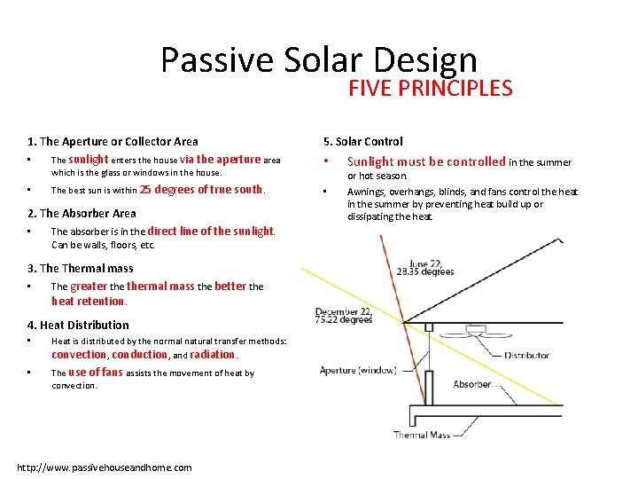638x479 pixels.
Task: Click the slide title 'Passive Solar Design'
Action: pos(319,59)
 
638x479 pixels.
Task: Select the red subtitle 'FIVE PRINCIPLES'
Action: pos(430,88)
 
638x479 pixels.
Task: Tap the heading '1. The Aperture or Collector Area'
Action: pos(113,141)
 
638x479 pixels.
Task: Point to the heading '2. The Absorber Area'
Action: pos(82,213)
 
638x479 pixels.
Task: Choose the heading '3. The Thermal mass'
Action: pos(81,268)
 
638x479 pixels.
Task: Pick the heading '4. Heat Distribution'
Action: pos(78,325)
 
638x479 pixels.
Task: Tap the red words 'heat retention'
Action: pos(88,302)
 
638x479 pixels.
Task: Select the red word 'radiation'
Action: pos(212,355)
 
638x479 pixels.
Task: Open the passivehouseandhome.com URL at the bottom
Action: pos(105,467)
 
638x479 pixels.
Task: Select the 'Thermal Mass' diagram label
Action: pos(423,435)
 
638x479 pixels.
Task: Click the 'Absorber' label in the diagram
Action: pos(472,384)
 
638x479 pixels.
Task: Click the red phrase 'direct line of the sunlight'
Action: pos(210,231)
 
